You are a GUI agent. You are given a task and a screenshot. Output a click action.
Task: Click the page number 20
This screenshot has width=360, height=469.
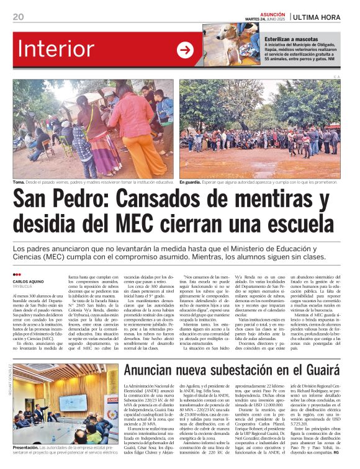click(x=18, y=17)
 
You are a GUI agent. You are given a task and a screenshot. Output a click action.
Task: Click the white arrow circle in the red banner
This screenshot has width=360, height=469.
click(x=185, y=50)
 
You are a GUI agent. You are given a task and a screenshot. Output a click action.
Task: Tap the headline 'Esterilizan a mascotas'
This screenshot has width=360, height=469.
click(x=289, y=39)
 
